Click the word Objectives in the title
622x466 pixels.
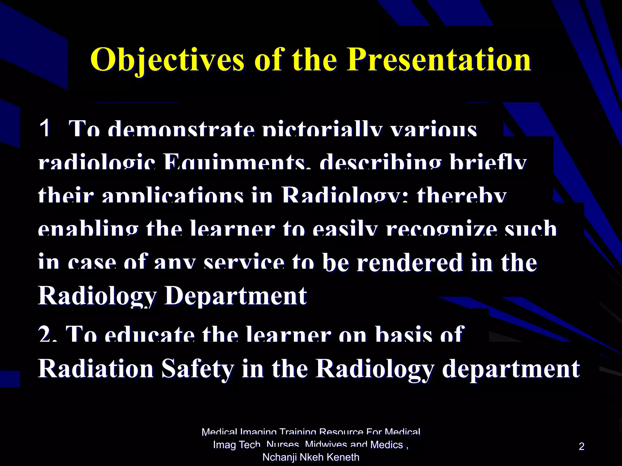click(x=167, y=60)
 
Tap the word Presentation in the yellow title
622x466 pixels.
click(x=439, y=60)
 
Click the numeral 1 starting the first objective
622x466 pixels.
click(x=45, y=128)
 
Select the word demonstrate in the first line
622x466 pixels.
click(x=181, y=130)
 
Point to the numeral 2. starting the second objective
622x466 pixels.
click(x=48, y=335)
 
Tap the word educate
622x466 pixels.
click(x=149, y=335)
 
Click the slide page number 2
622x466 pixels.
click(x=581, y=446)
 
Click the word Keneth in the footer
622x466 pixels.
click(x=345, y=457)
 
